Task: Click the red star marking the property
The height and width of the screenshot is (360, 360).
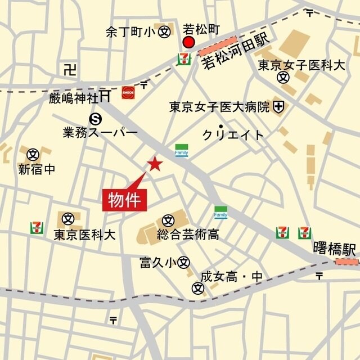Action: tap(155, 164)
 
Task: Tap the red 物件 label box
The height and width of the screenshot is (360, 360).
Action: tap(124, 200)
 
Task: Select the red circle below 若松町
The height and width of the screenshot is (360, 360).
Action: tap(188, 43)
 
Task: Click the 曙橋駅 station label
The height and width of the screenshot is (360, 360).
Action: tap(335, 248)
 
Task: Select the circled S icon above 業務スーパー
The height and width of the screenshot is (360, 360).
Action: tap(96, 118)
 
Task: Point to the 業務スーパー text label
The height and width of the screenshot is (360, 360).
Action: tap(100, 133)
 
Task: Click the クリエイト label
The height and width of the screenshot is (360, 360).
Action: tap(233, 135)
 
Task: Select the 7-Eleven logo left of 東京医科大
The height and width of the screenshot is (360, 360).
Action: tap(37, 228)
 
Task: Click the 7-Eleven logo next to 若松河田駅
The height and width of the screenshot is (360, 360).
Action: tap(184, 58)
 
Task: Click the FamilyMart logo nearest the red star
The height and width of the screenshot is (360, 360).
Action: tap(181, 150)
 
